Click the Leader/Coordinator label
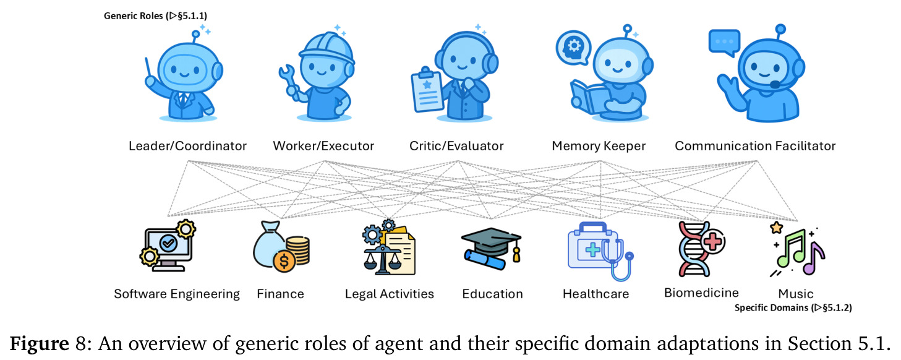(x=187, y=145)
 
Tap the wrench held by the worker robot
(x=288, y=80)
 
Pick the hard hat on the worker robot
(x=327, y=48)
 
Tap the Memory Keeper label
(x=599, y=145)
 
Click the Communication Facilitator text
(x=755, y=145)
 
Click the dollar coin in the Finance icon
(x=284, y=262)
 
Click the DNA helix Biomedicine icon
(x=701, y=249)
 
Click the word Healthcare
(x=596, y=294)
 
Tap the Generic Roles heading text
(x=155, y=15)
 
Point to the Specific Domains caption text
(x=793, y=307)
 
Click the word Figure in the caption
(x=40, y=343)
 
